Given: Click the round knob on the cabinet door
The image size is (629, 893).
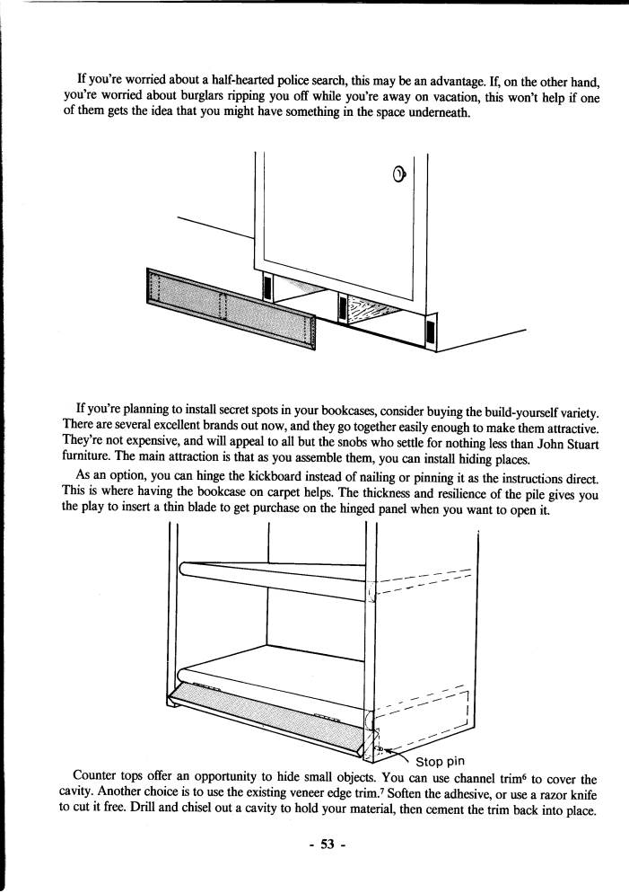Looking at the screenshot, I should (400, 173).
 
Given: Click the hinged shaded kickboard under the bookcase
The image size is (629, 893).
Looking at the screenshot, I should (269, 718).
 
